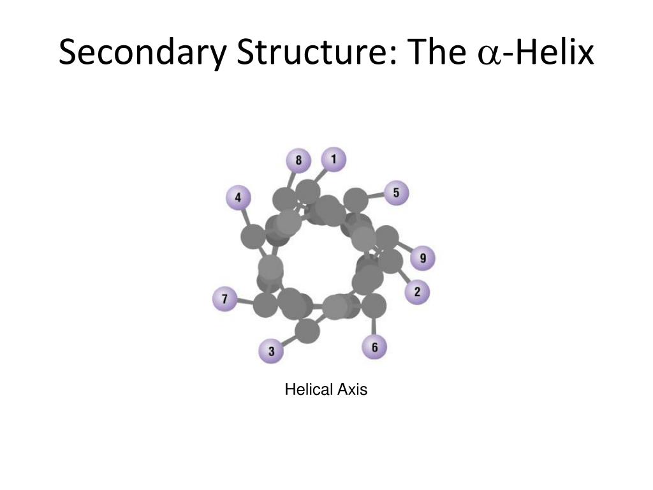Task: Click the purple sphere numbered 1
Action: click(334, 159)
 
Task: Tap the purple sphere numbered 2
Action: click(417, 292)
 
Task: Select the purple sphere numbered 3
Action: click(271, 351)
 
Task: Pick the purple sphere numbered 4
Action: click(238, 198)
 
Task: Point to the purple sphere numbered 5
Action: click(396, 192)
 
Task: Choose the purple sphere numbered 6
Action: click(374, 347)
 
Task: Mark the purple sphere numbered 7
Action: click(224, 299)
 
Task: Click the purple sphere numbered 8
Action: click(298, 160)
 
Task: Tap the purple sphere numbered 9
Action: click(422, 258)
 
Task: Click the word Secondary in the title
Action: click(141, 54)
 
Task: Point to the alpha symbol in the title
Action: click(488, 56)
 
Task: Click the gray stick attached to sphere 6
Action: click(374, 326)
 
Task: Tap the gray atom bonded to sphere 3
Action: click(307, 331)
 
